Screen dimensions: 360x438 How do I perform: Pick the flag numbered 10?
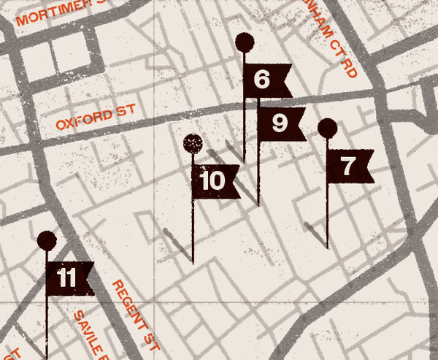click(214, 181)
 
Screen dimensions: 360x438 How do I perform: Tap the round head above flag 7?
click(328, 129)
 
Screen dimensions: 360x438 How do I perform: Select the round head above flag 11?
click(47, 240)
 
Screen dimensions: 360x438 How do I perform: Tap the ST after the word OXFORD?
click(126, 112)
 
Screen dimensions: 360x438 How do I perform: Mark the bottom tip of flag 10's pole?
click(193, 263)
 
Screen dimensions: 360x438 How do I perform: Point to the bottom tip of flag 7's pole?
click(327, 248)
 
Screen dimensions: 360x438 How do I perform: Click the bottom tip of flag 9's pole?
click(258, 206)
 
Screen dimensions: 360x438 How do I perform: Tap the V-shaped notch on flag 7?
click(365, 166)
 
